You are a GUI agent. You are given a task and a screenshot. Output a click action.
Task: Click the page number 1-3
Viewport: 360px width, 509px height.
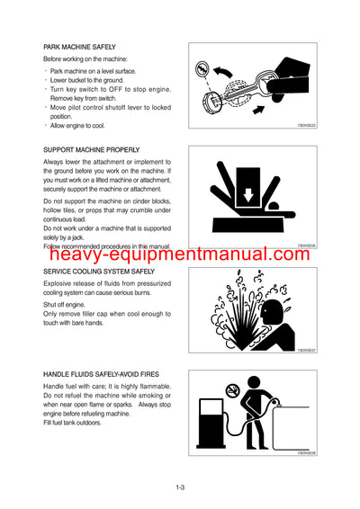[x=180, y=488]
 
